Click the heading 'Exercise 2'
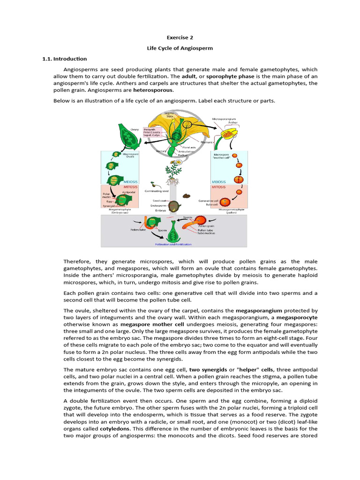click(x=180, y=37)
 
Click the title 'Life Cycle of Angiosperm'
click(x=180, y=48)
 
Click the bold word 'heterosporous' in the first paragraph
click(x=153, y=90)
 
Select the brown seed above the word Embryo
click(x=174, y=206)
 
